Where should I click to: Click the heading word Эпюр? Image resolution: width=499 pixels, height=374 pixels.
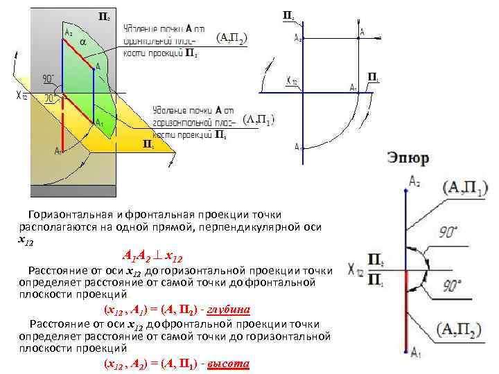(408, 159)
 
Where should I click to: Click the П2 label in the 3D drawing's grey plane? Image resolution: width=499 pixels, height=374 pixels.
(102, 15)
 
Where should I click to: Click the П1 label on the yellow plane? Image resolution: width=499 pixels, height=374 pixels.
(148, 143)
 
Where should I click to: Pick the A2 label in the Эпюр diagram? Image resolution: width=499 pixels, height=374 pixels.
(414, 181)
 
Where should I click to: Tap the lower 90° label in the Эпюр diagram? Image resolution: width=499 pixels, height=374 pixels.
(451, 285)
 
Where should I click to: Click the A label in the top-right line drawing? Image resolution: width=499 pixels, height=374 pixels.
(362, 31)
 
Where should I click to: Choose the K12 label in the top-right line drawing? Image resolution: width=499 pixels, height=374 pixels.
(291, 82)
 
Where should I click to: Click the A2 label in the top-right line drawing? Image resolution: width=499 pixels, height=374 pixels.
(297, 39)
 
